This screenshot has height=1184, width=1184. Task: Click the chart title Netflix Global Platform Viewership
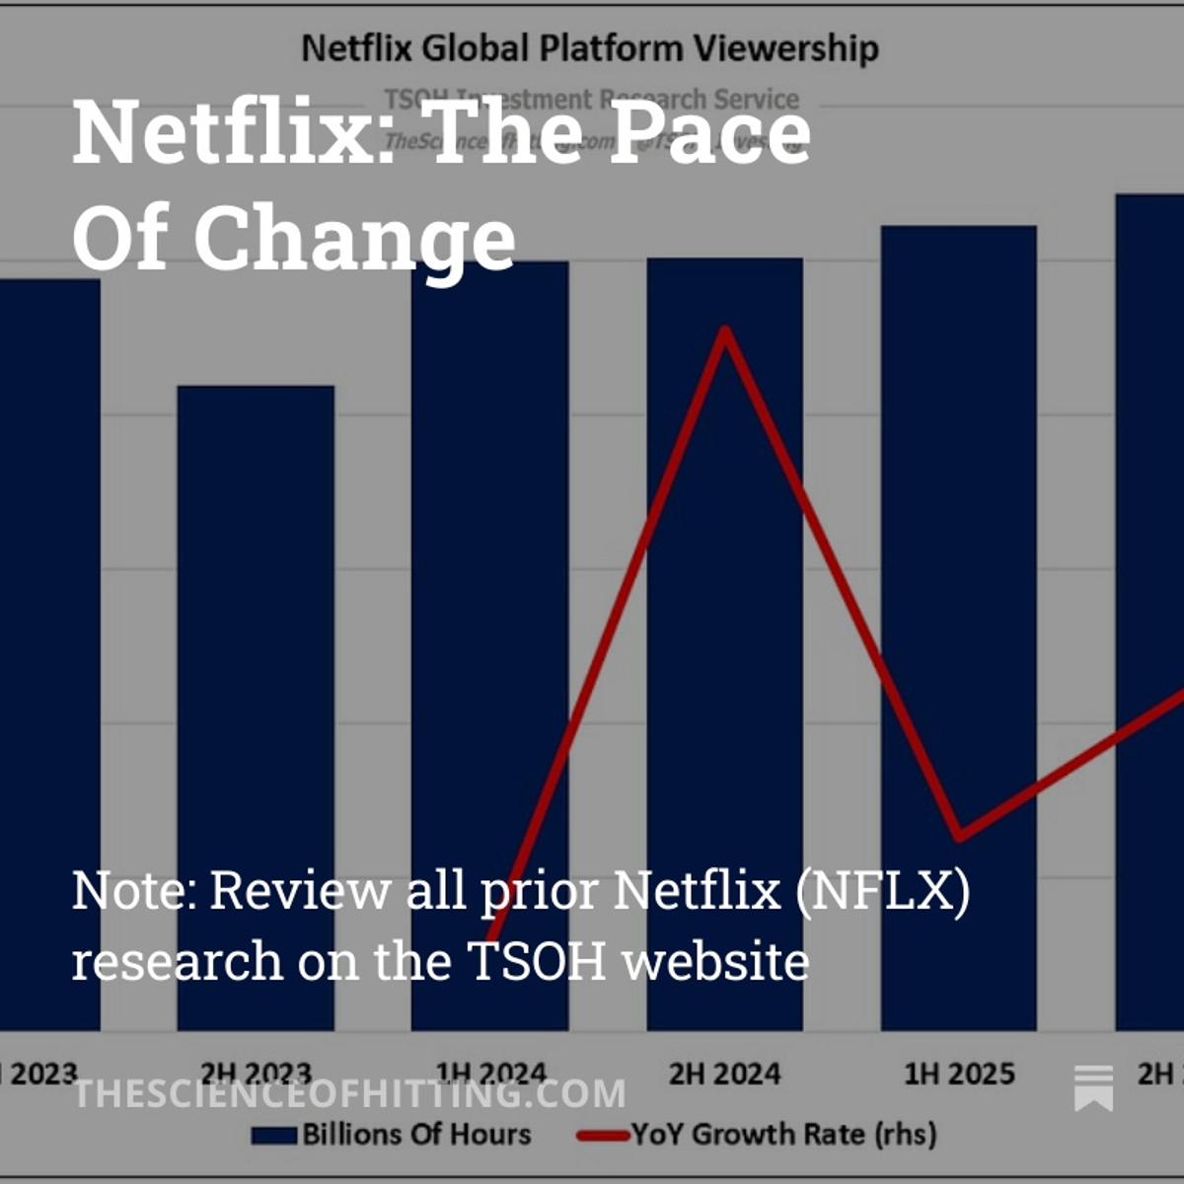(x=589, y=48)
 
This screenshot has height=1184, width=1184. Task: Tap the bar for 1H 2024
(x=490, y=592)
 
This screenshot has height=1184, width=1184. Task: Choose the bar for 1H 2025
(x=959, y=592)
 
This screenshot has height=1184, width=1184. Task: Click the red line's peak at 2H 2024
(x=725, y=331)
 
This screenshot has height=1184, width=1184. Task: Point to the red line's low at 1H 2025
(x=959, y=837)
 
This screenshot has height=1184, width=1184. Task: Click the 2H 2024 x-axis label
(x=725, y=1073)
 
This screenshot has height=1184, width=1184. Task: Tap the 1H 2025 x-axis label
(x=959, y=1073)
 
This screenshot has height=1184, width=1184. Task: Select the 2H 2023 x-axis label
(x=256, y=1073)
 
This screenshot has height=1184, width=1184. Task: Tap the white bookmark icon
(x=1093, y=1088)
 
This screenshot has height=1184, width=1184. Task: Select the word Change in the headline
(x=355, y=239)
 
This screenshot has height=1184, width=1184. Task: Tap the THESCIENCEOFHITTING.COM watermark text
(x=350, y=1093)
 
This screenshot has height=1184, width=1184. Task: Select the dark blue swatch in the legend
(x=274, y=1136)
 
